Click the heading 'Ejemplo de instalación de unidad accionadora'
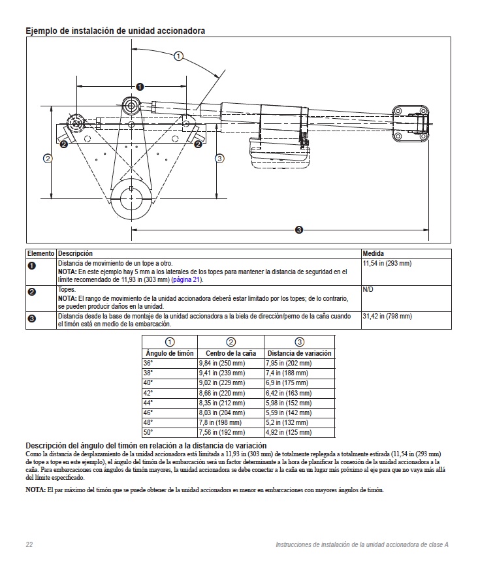[115, 31]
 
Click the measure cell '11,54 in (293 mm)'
[387, 263]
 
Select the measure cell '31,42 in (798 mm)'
[387, 316]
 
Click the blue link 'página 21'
[186, 279]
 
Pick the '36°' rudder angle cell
[148, 362]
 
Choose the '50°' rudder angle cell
[148, 431]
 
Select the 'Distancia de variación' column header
[298, 353]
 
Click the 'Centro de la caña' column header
[230, 353]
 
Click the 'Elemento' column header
[40, 253]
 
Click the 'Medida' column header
[373, 253]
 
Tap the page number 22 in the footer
[29, 544]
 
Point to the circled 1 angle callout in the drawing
[178, 57]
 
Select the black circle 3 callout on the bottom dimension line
[298, 229]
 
